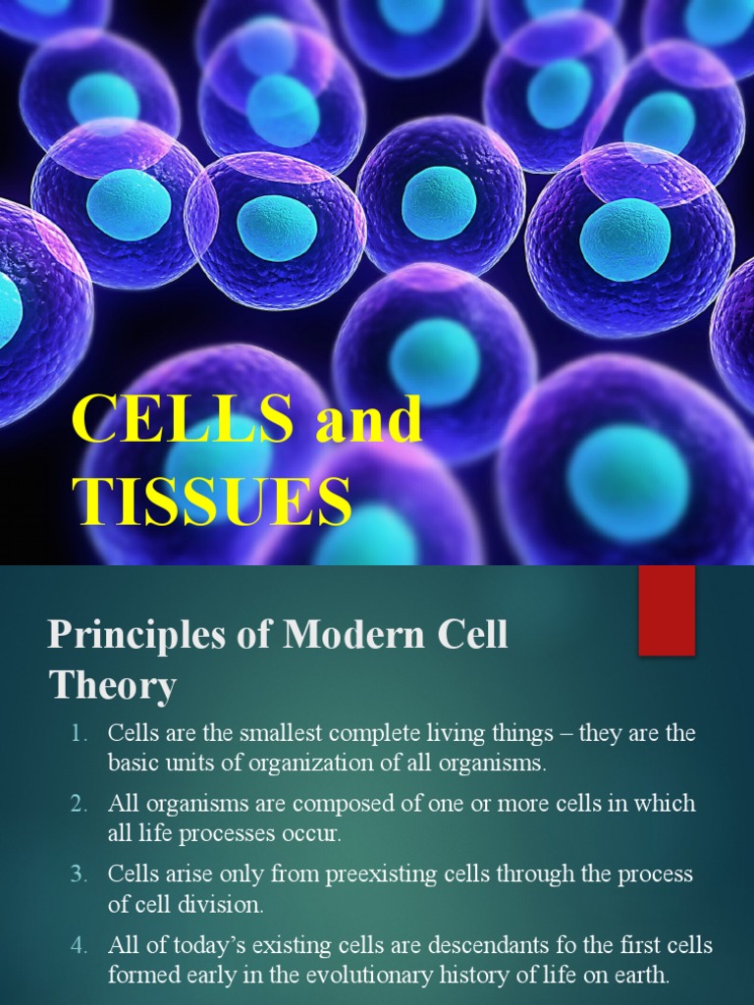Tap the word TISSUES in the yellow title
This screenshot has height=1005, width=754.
click(211, 501)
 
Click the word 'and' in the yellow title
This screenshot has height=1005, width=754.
click(367, 421)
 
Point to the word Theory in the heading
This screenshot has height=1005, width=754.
click(112, 685)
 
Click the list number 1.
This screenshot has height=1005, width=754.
click(79, 734)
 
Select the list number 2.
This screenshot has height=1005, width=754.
click(79, 804)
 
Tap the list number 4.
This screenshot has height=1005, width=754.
click(79, 946)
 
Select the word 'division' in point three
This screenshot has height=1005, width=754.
click(228, 903)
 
